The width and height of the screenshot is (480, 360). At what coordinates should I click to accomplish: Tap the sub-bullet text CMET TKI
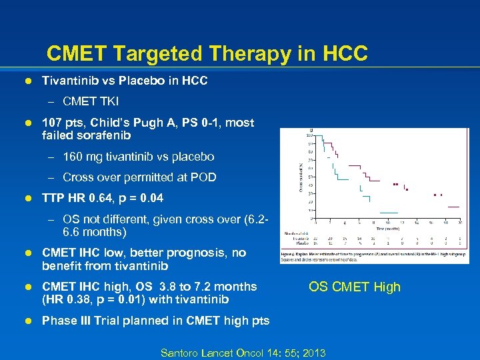pos(91,101)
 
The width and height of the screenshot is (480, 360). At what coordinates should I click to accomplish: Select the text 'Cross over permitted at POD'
pos(139,177)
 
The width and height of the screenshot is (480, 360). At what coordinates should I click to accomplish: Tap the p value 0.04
pos(153,199)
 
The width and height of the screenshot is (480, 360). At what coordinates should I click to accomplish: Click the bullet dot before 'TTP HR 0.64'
pos(28,199)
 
